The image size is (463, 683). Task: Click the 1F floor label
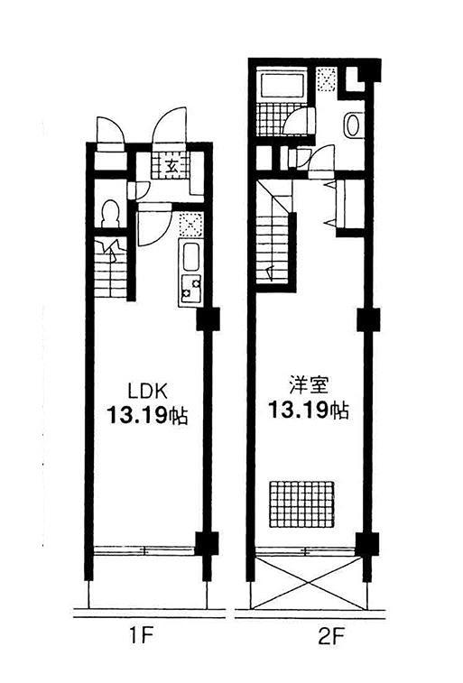click(x=142, y=638)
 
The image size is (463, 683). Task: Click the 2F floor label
click(x=331, y=638)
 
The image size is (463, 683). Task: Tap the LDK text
click(x=147, y=391)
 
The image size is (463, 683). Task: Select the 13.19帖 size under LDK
click(x=147, y=415)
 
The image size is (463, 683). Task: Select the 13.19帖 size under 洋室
click(x=308, y=410)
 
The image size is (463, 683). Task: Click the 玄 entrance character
click(x=171, y=165)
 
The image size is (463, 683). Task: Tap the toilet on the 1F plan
click(x=110, y=214)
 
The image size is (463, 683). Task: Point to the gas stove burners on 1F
click(x=190, y=289)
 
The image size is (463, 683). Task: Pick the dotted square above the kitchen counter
click(x=190, y=225)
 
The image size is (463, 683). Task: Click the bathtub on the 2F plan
click(x=282, y=85)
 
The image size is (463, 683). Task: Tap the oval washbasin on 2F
click(x=352, y=125)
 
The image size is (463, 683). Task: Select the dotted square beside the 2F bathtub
click(x=326, y=79)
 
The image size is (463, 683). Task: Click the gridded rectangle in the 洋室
click(x=301, y=504)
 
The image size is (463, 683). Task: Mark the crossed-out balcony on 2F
click(x=310, y=583)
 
